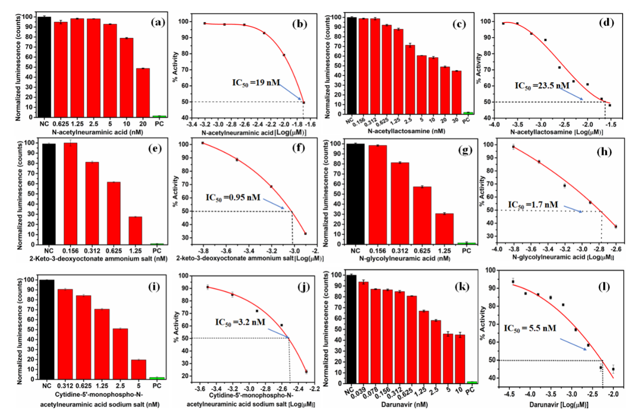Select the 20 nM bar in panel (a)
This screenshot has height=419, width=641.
click(143, 93)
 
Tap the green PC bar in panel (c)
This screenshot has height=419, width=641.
click(468, 113)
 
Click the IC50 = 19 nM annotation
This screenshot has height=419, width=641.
click(256, 83)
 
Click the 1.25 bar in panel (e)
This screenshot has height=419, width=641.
click(135, 231)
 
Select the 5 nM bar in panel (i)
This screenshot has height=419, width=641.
click(139, 369)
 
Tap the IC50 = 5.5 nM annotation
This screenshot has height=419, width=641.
click(530, 328)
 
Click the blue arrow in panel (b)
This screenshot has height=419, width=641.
click(290, 92)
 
